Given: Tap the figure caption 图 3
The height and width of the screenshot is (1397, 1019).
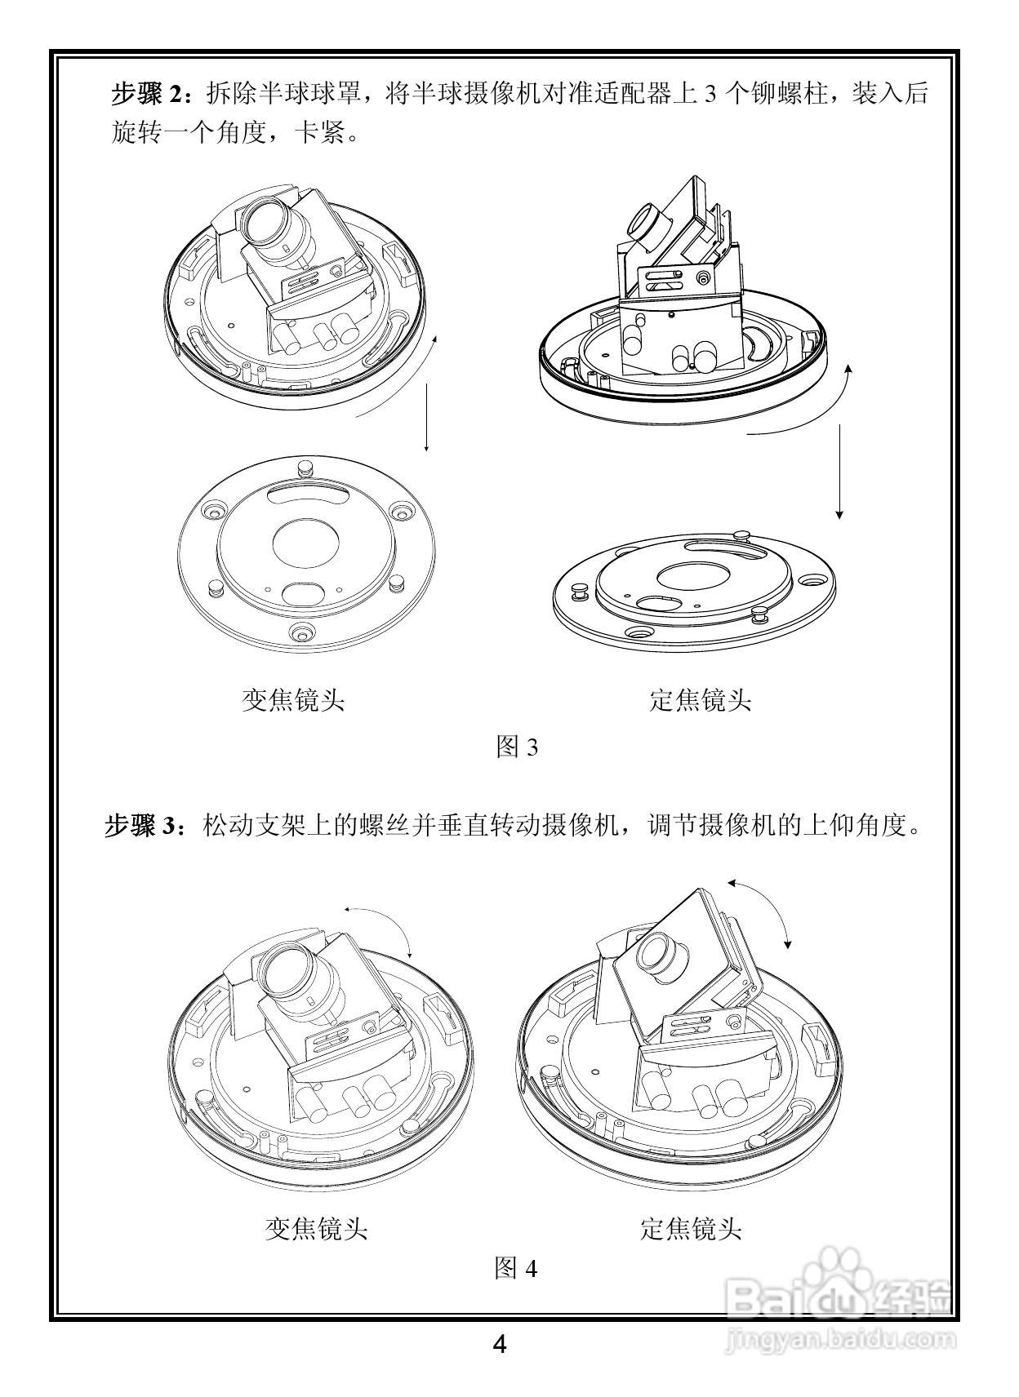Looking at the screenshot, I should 516,747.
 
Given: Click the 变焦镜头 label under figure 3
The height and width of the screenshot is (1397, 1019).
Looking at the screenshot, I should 293,700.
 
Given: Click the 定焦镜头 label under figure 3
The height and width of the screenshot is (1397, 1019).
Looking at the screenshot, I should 700,700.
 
